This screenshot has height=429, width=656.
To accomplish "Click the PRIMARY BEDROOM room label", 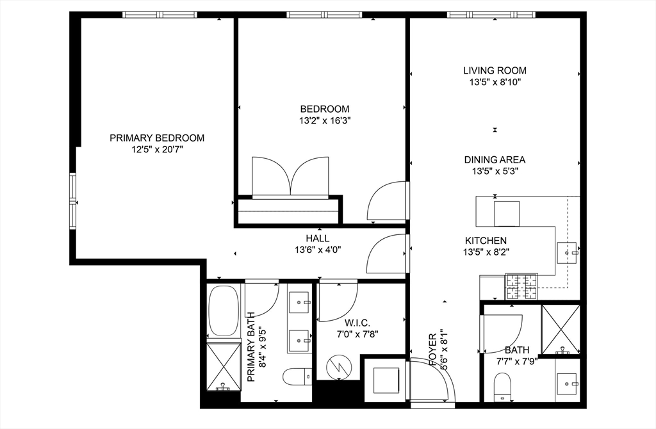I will (x=157, y=138).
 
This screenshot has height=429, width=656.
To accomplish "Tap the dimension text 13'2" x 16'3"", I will (x=325, y=120).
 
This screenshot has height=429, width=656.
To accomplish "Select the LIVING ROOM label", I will (x=495, y=70).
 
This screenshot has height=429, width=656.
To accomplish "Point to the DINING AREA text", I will (x=495, y=160).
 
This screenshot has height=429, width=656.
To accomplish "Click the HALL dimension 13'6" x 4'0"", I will (x=317, y=250).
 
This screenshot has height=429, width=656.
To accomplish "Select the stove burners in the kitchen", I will (x=522, y=287).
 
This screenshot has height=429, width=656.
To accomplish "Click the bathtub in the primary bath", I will (x=224, y=311).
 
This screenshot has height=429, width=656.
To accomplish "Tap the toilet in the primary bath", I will (x=297, y=376).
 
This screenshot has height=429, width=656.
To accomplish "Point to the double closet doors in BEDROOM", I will (x=291, y=176).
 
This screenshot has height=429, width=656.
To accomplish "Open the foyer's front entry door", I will (x=433, y=381).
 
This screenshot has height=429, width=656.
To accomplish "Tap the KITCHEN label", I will (x=486, y=240).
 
